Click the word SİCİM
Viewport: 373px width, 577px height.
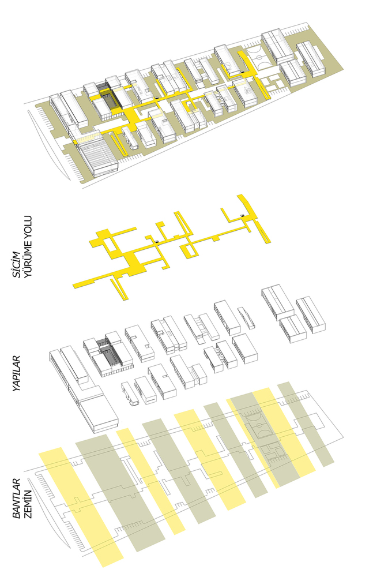pyautogui.click(x=16, y=264)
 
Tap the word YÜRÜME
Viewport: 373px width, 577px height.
pyautogui.click(x=28, y=257)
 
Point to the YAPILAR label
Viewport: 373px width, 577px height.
pyautogui.click(x=17, y=373)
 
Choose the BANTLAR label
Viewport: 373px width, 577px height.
pyautogui.click(x=17, y=499)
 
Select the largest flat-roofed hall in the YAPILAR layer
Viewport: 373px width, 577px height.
pyautogui.click(x=99, y=412)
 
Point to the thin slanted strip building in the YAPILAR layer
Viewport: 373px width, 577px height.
pyautogui.click(x=246, y=317)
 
